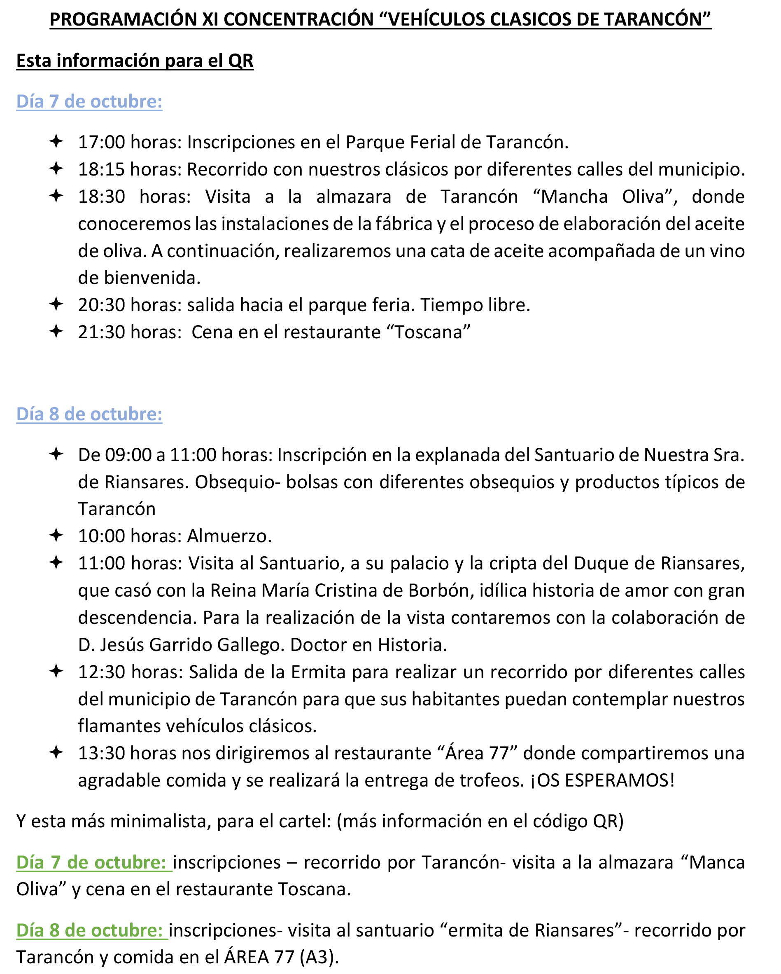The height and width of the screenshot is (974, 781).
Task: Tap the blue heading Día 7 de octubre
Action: (89, 101)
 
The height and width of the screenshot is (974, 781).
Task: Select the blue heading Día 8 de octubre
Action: (89, 414)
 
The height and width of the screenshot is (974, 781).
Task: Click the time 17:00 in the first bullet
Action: (102, 142)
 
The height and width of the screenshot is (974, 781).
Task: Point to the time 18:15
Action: (102, 169)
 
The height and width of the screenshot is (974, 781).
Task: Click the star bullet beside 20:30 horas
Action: (56, 304)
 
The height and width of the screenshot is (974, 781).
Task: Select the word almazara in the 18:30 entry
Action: (354, 197)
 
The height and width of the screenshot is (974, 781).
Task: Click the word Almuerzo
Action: (229, 536)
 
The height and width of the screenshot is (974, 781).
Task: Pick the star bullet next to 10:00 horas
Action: (56, 535)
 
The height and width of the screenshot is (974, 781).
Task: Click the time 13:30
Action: (102, 753)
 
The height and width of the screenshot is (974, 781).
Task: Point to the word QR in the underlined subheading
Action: (240, 61)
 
